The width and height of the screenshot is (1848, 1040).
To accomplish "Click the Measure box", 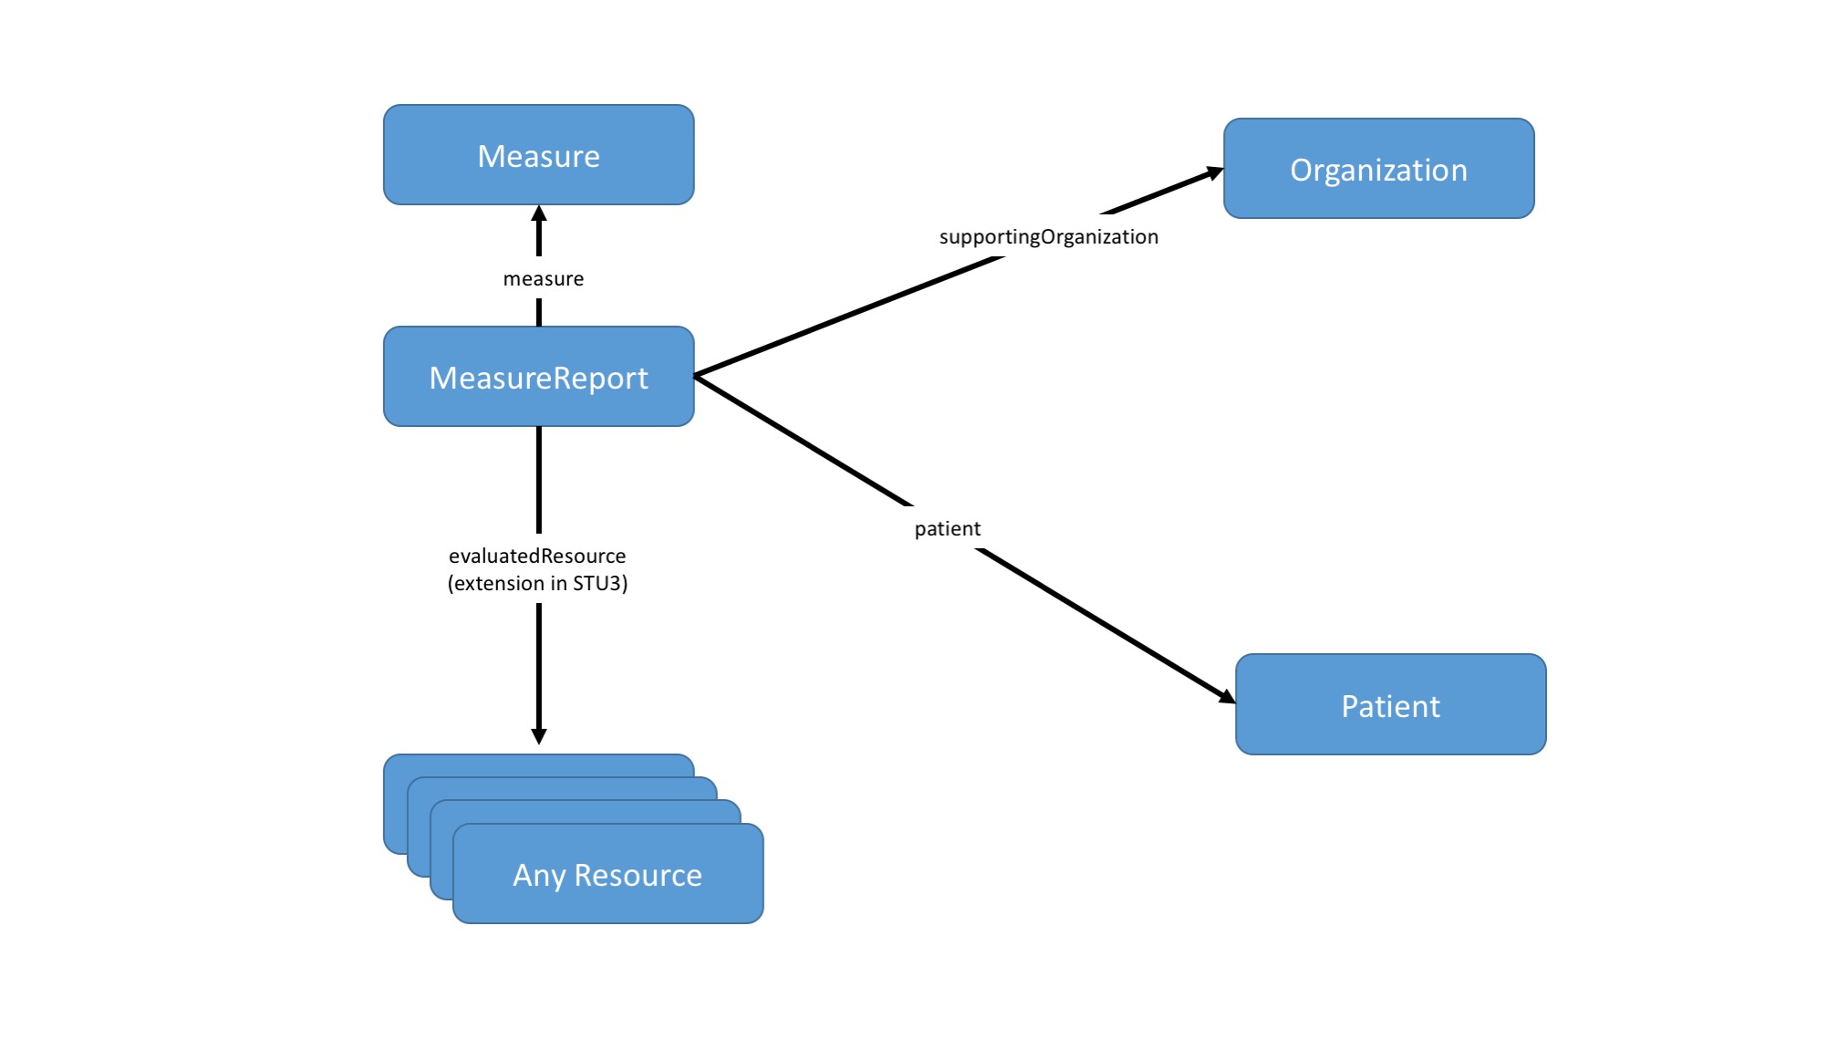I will (538, 155).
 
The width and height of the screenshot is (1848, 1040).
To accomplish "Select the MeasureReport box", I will (538, 377).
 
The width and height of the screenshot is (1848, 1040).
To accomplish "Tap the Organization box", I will (1378, 169).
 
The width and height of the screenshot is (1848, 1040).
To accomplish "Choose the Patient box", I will (1390, 705).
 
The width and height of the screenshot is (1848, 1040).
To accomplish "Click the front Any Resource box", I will (607, 874).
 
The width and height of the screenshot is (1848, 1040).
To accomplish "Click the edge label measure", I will (543, 279).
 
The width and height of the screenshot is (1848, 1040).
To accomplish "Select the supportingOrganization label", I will (1048, 237).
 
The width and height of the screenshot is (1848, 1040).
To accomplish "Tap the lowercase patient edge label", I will (947, 529).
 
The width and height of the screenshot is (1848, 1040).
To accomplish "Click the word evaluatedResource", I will (537, 556).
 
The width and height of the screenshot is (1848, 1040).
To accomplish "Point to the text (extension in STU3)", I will (537, 584).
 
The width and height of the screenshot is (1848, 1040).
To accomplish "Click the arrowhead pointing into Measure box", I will (539, 214).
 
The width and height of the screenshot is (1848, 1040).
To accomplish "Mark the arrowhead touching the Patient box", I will (1227, 697).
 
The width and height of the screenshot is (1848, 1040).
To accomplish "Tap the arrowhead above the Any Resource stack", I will (539, 735).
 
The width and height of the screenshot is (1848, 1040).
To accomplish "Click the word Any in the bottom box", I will (539, 876).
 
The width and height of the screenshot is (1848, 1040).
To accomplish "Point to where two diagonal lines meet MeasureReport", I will (697, 376).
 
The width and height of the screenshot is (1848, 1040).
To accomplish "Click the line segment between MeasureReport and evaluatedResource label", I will (539, 479).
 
